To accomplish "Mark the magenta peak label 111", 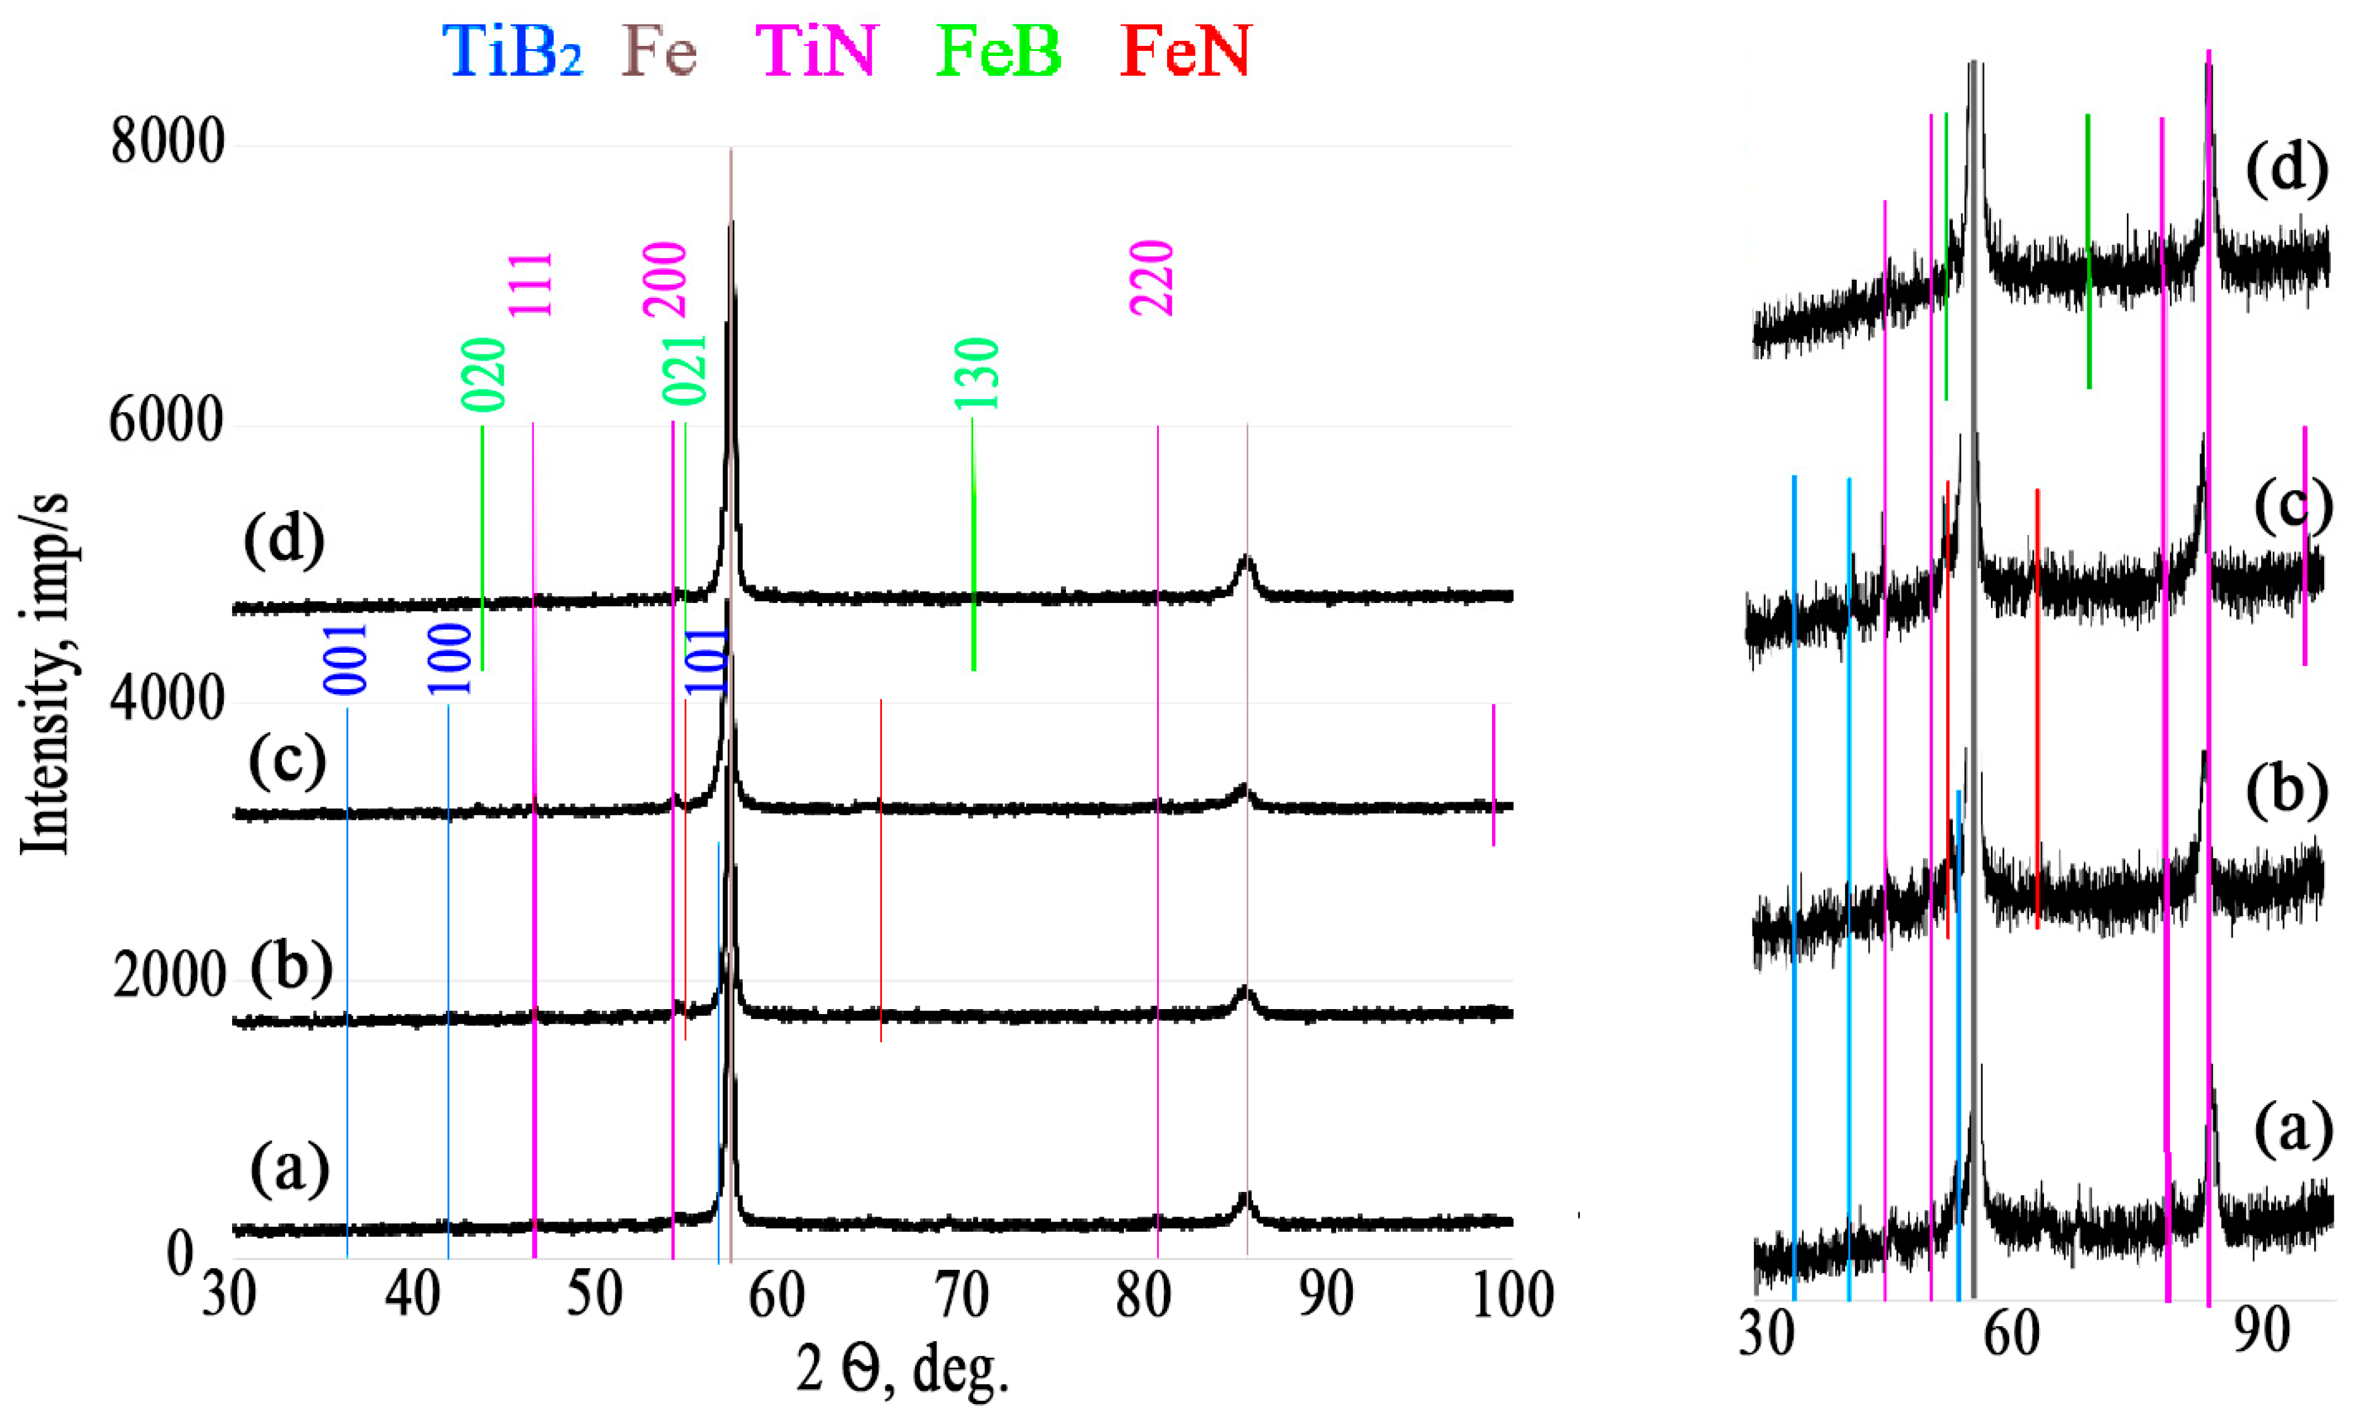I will coord(531,284).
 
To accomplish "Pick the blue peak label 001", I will coord(346,659).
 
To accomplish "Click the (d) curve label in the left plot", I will coord(284,541).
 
